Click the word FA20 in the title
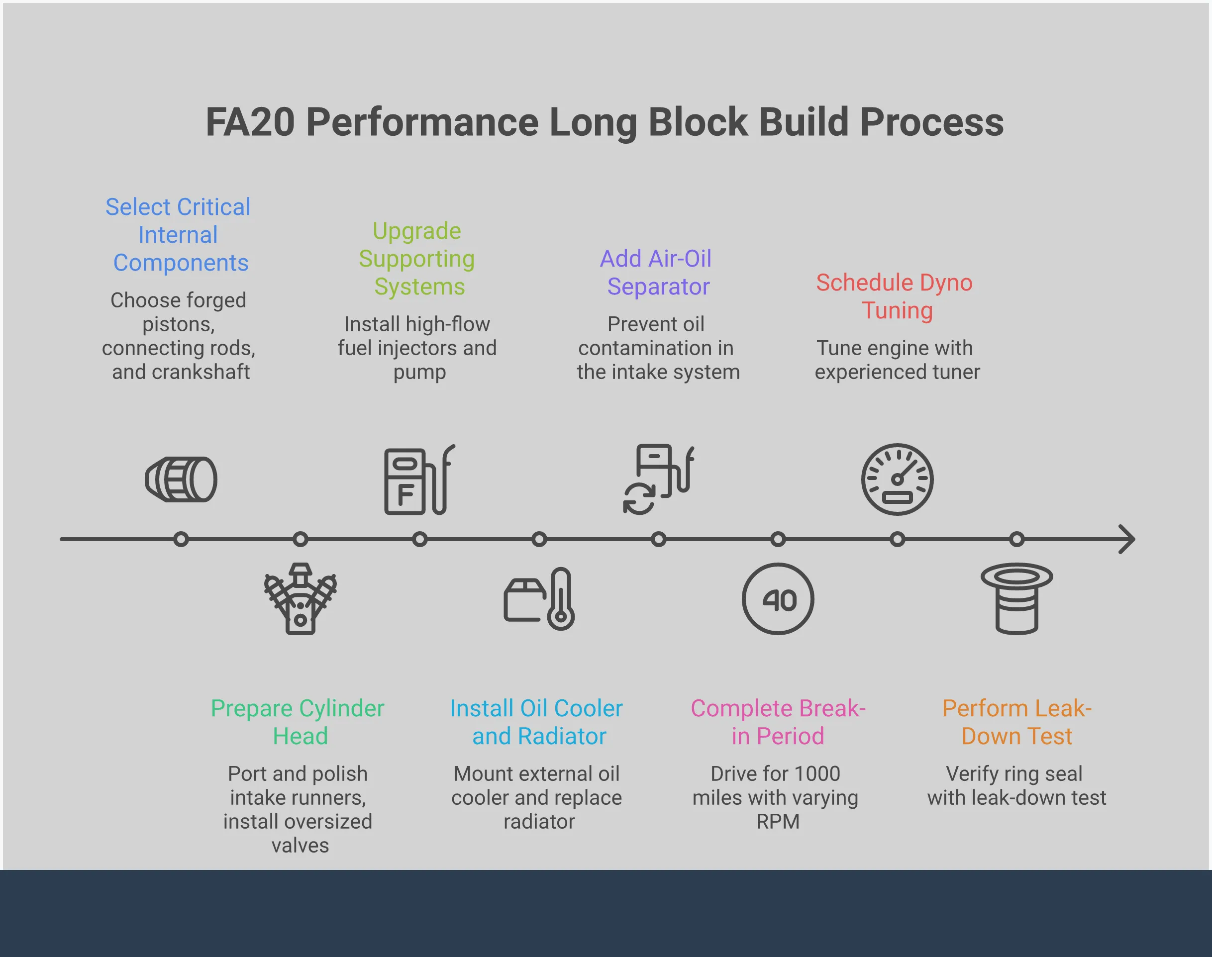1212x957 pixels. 250,122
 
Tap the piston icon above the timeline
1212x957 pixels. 181,479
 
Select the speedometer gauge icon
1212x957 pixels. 897,479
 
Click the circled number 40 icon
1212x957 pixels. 778,599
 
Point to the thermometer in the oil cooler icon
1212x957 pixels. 561,599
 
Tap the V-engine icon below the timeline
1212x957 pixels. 301,599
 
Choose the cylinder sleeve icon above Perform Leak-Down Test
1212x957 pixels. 1016,599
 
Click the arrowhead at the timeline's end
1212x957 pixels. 1127,539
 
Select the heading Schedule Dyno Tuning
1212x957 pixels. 895,296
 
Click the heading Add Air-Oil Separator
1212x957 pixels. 656,272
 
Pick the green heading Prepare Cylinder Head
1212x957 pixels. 298,722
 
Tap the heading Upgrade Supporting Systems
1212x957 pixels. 417,259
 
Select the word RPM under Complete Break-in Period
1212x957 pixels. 777,821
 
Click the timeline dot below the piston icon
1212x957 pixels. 181,539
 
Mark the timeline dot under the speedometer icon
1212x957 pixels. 897,539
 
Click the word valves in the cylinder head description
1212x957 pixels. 301,846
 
